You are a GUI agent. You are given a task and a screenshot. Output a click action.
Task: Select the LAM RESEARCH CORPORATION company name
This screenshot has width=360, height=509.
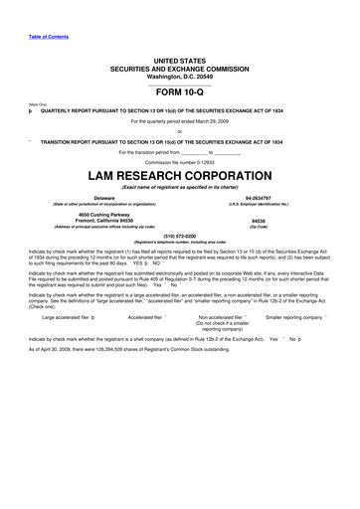point(179,175)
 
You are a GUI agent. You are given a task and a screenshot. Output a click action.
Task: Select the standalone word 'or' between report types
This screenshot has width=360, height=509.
point(179,131)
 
